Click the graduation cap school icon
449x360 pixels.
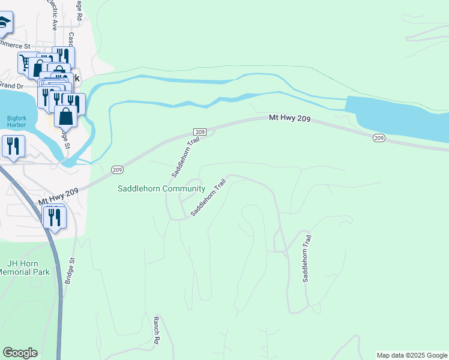(5, 23)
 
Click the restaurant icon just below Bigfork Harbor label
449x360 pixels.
(12, 146)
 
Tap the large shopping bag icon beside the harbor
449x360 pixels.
(65, 116)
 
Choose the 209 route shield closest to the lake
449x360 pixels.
(378, 138)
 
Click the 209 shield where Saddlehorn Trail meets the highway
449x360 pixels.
(200, 131)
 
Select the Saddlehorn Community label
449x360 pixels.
(161, 188)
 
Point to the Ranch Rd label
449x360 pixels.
(156, 330)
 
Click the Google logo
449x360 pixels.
(20, 352)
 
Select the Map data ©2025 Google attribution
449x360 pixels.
(412, 355)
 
